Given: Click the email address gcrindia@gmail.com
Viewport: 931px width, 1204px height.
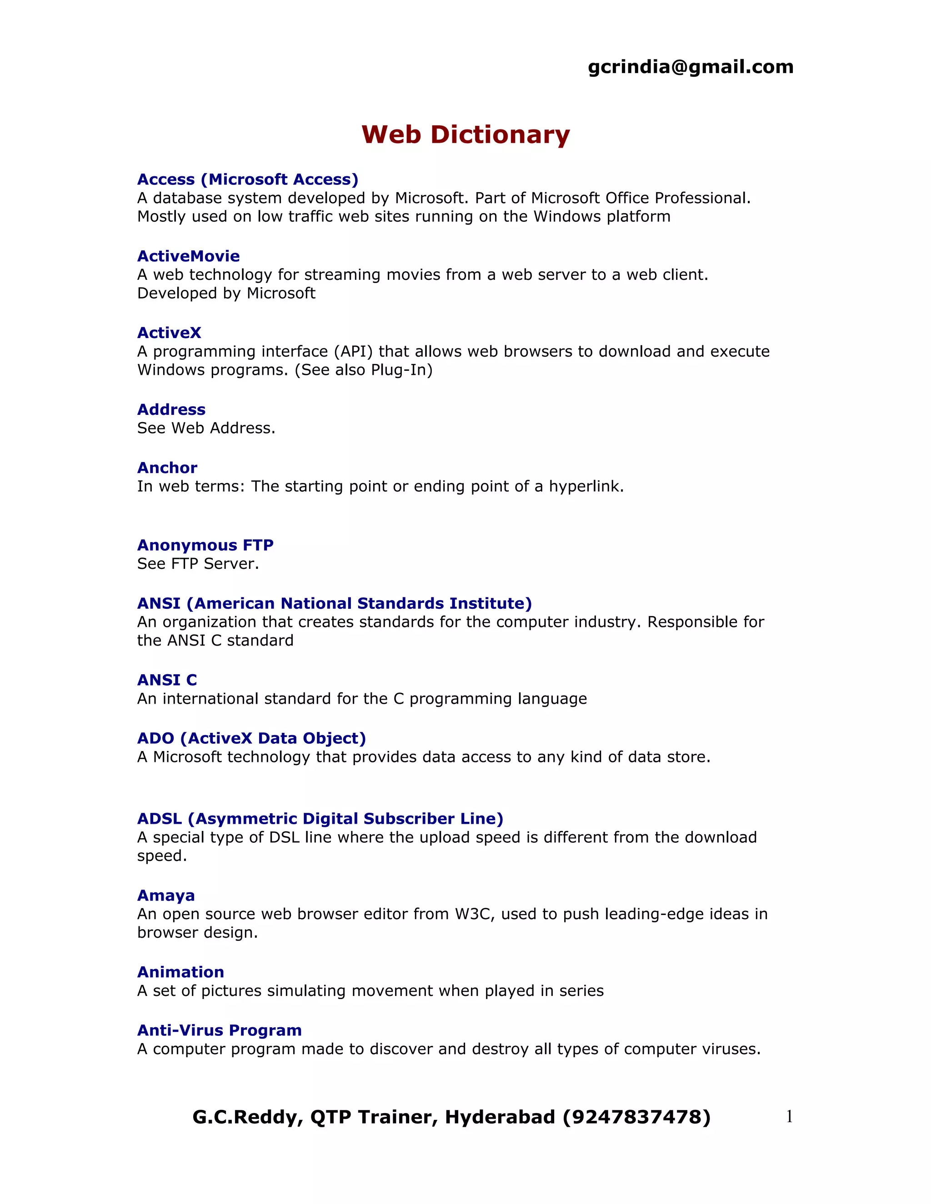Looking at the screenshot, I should [x=691, y=67].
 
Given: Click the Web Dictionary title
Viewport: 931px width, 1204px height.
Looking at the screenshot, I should [x=465, y=134].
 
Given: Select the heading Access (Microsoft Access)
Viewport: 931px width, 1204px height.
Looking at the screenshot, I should [x=248, y=180].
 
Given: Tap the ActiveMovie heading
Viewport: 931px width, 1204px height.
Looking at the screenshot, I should [x=188, y=256].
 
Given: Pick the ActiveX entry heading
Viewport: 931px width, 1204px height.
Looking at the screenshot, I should [x=169, y=333].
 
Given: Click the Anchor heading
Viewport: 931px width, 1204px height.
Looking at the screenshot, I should [x=167, y=468].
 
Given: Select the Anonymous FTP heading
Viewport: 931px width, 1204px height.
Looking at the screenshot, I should [x=205, y=545].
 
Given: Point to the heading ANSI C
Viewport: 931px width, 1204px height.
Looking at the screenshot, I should [x=167, y=680].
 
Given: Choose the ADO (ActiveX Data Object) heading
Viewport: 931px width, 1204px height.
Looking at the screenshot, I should [x=251, y=739].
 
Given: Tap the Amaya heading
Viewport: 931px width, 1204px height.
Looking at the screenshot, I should [x=166, y=896].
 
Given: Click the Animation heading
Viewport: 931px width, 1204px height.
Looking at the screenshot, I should [x=180, y=972].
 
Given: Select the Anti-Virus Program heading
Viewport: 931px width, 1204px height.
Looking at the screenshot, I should [x=220, y=1030].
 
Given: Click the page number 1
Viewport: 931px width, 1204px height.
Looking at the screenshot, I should [x=789, y=1116].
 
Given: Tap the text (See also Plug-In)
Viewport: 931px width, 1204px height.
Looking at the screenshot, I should [x=364, y=370].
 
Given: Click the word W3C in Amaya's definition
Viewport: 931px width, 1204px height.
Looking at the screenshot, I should [x=470, y=914].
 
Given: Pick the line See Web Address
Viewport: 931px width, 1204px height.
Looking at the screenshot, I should [x=206, y=428].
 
